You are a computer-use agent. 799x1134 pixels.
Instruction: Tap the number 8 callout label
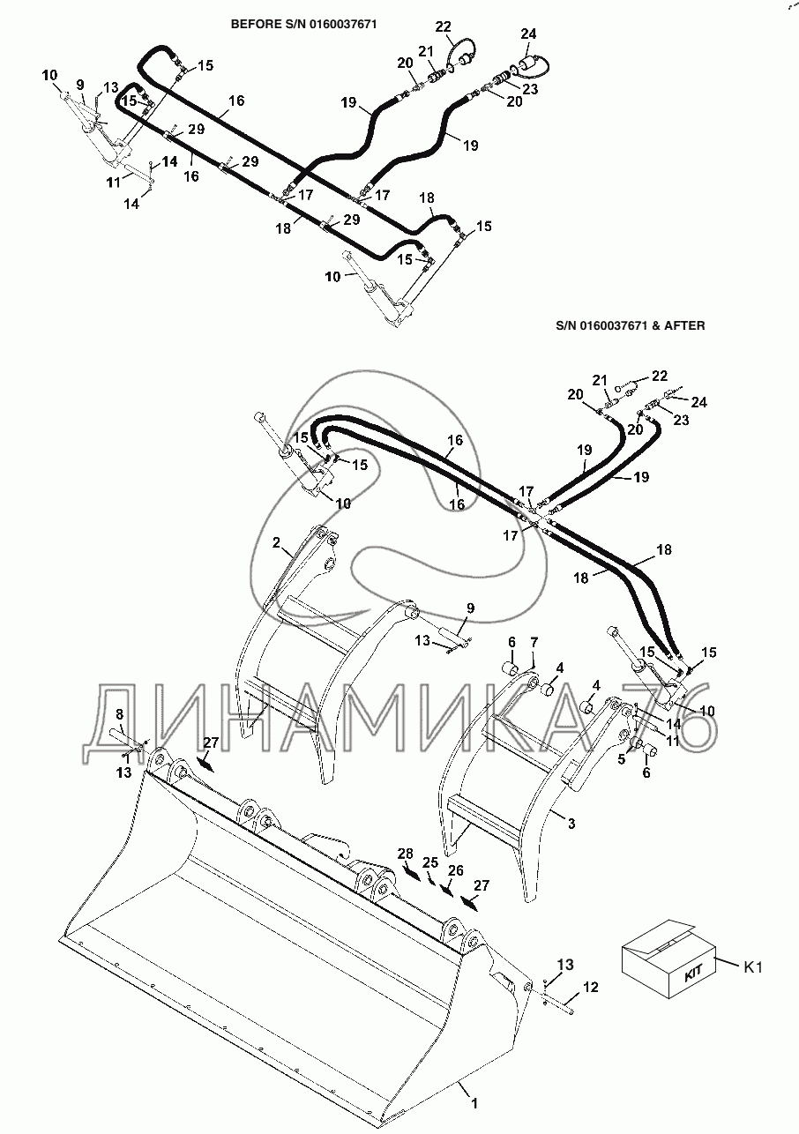[121, 715]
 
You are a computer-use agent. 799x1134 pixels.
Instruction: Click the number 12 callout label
[591, 988]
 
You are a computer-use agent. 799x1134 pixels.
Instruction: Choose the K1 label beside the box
[752, 966]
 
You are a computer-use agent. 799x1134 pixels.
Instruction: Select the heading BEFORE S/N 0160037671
[303, 25]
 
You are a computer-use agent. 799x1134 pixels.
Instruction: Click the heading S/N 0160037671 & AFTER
[630, 325]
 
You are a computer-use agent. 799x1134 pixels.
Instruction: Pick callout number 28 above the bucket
[405, 854]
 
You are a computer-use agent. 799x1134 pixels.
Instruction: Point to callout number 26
[455, 870]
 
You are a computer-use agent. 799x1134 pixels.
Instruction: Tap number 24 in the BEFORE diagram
[528, 34]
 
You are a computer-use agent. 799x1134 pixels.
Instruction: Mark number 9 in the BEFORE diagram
[79, 84]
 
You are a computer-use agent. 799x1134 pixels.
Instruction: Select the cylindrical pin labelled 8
[121, 733]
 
